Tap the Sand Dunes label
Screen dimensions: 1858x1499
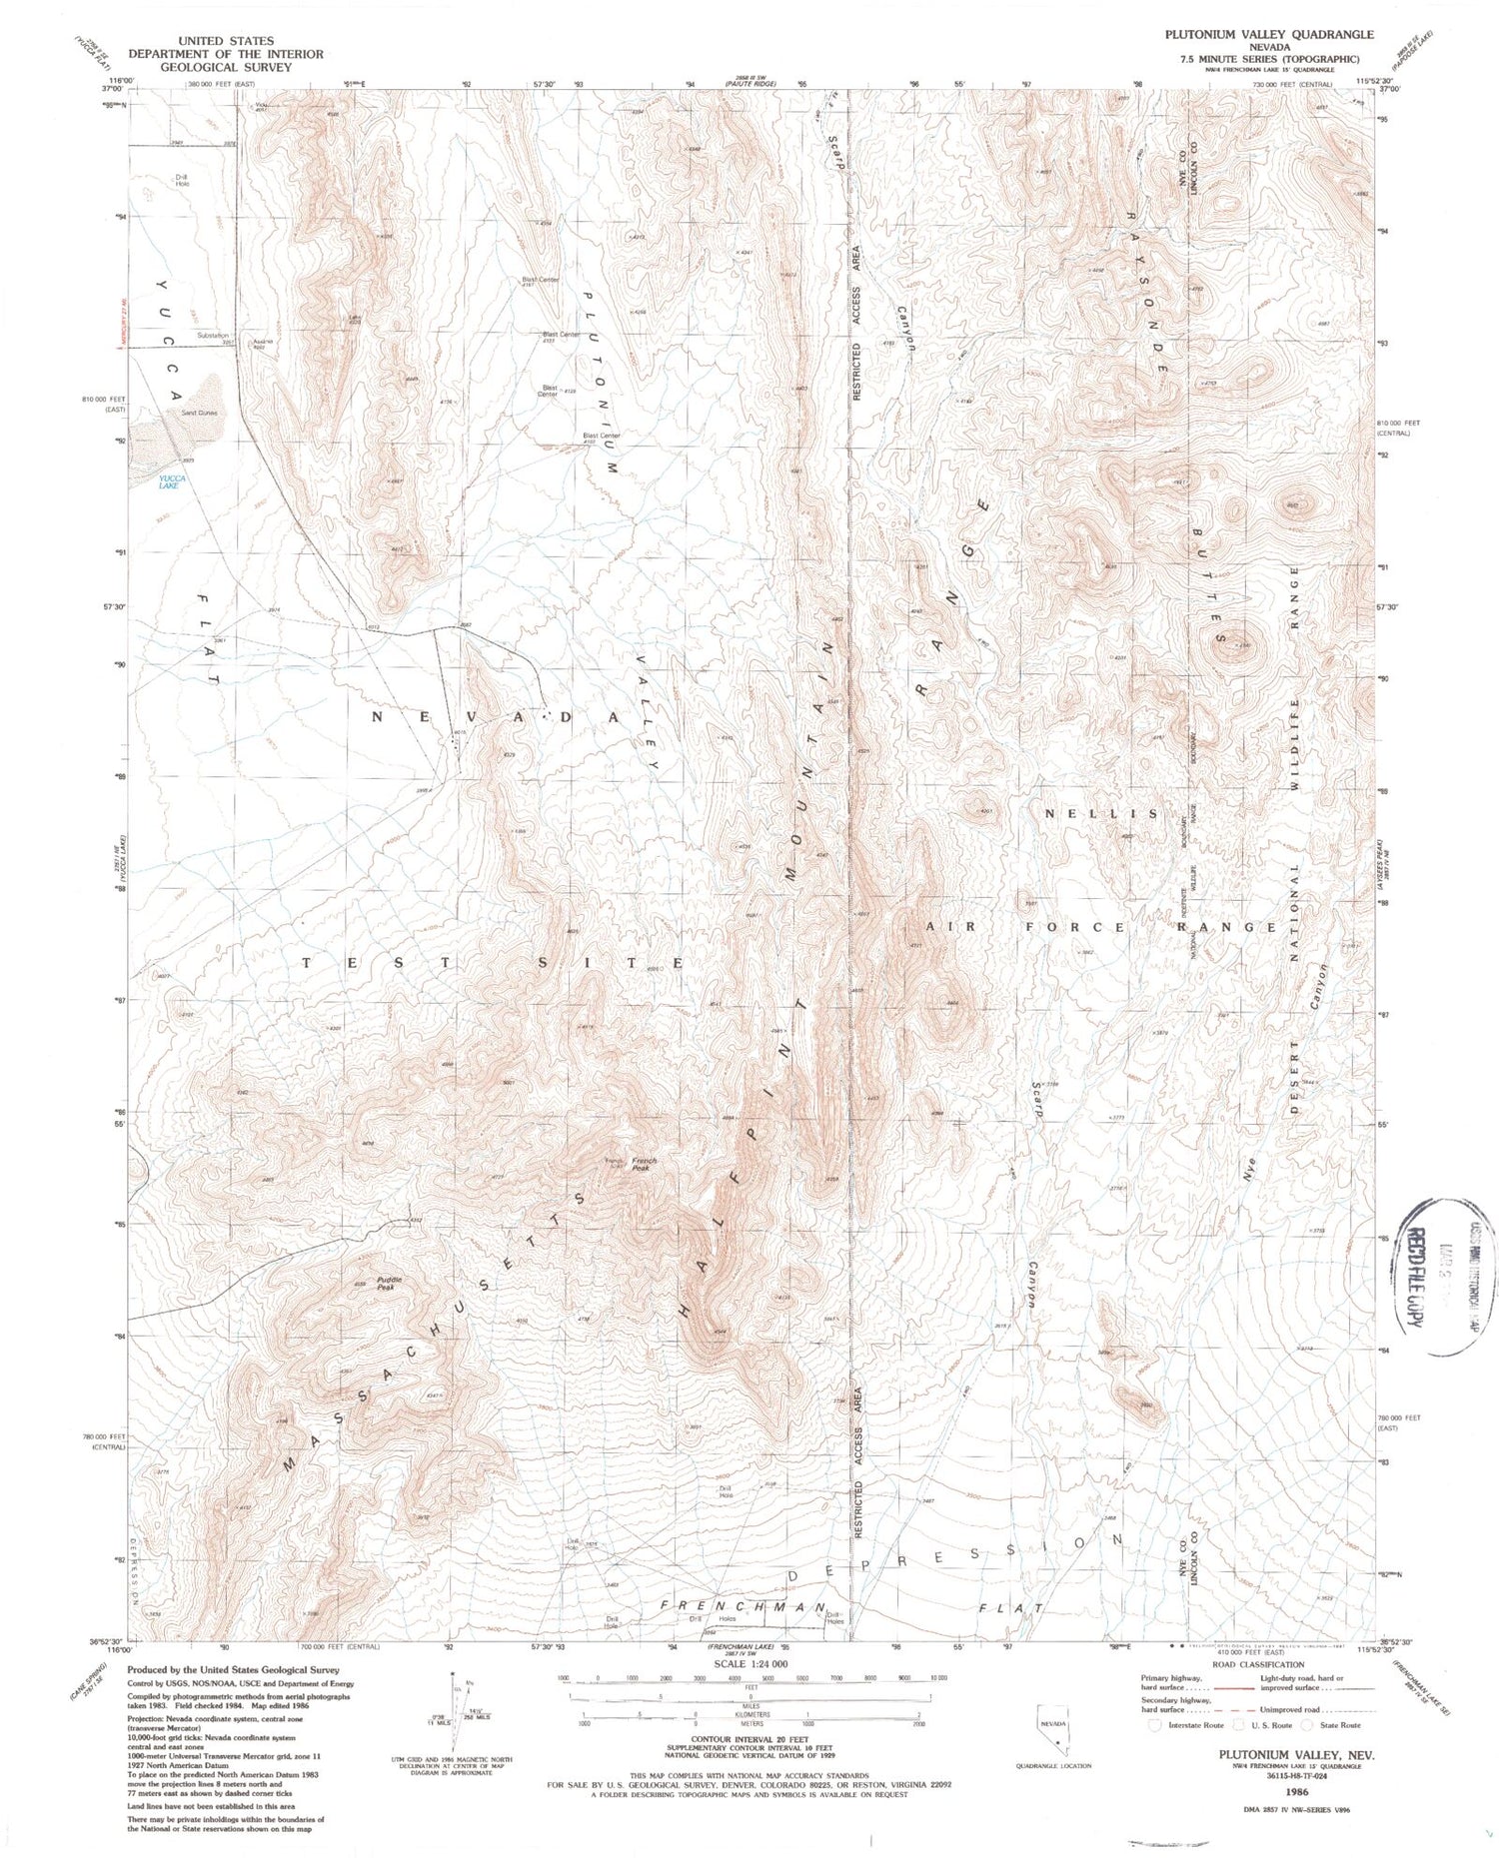point(199,413)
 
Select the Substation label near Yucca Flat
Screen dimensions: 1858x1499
point(213,336)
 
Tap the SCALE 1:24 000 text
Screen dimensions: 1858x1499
point(750,1663)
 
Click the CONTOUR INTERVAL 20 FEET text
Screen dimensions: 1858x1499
point(750,1736)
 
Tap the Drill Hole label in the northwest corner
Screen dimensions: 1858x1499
point(182,182)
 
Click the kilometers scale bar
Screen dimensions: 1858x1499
point(750,1715)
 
